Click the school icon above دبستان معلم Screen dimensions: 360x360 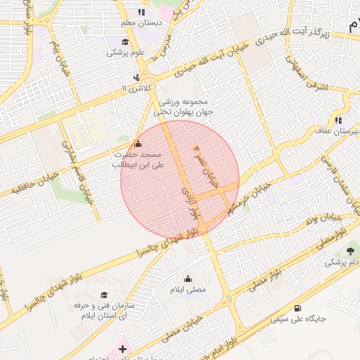pyautogui.click(x=142, y=12)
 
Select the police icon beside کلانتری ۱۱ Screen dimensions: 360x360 pyautogui.click(x=136, y=77)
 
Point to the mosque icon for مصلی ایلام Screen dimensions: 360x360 pyautogui.click(x=188, y=278)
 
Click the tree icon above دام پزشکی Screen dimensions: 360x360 pyautogui.click(x=349, y=251)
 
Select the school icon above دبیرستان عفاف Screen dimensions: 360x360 pyautogui.click(x=340, y=120)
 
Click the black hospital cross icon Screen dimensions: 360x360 pyautogui.click(x=123, y=348)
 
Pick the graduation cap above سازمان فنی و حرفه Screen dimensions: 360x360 pyautogui.click(x=104, y=296)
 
